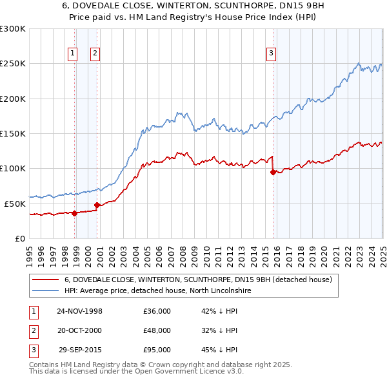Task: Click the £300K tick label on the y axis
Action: coord(13,29)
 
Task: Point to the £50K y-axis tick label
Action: coord(15,204)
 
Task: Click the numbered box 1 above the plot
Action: coord(72,53)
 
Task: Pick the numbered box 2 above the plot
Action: coord(95,53)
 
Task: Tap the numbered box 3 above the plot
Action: coord(272,53)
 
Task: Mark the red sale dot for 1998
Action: coord(75,213)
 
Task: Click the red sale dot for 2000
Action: coord(97,205)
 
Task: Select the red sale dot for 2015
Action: coord(273,172)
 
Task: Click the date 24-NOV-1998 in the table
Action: coord(80,310)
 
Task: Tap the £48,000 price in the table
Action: coord(157,330)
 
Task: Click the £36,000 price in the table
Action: coord(157,310)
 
